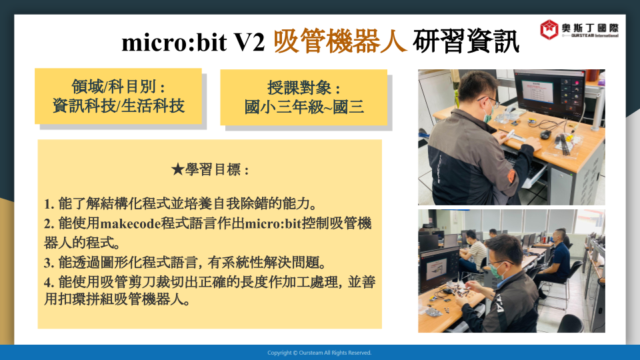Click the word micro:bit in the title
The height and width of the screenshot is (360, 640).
174,42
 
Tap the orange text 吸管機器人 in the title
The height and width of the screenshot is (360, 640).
340,41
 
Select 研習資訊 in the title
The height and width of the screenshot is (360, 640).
466,41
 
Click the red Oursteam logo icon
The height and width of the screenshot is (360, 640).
549,29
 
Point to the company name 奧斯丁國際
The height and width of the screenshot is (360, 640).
590,28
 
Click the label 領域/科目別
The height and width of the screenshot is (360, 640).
119,87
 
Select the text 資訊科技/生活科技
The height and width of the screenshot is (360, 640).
119,106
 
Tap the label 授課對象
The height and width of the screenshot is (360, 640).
304,88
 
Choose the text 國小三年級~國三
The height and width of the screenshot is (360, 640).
304,107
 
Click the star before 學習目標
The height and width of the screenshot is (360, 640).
177,169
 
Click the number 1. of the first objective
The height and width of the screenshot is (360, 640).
49,204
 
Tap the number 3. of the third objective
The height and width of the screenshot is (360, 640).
49,263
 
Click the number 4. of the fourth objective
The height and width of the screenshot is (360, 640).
49,282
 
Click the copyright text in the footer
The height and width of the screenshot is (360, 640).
319,353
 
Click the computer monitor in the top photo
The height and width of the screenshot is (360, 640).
550,93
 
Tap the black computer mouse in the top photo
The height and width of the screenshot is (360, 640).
545,134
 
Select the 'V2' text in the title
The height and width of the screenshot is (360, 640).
249,42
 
